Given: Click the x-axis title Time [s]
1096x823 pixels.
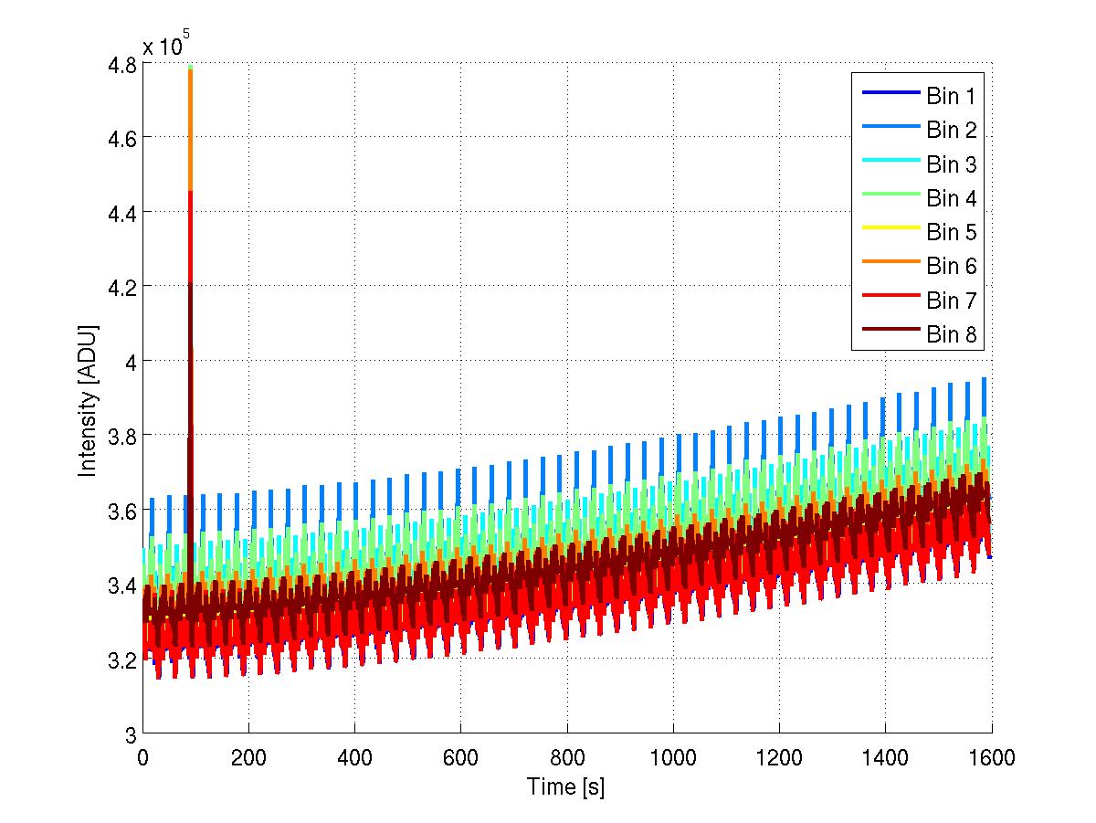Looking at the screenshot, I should pyautogui.click(x=565, y=786).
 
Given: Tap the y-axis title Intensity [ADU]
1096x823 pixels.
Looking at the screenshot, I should pyautogui.click(x=89, y=399).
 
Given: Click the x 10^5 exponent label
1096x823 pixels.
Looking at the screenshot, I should pyautogui.click(x=166, y=47).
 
